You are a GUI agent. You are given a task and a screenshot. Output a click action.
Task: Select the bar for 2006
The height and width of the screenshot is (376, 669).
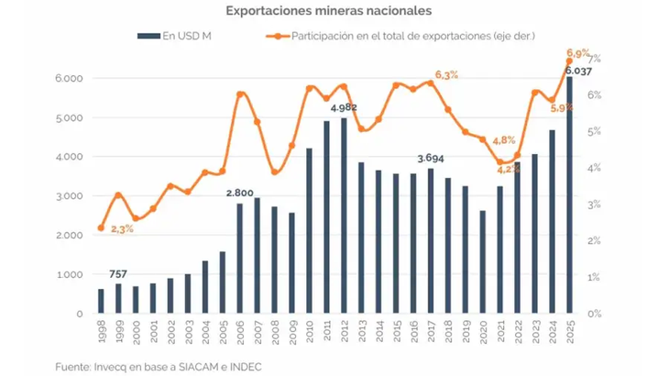240,258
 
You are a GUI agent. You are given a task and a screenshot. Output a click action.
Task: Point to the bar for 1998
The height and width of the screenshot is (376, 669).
101,301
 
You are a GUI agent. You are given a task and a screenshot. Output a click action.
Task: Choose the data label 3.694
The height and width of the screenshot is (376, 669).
430,159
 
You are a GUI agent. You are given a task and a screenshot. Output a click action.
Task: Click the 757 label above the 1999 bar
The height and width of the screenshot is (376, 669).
118,273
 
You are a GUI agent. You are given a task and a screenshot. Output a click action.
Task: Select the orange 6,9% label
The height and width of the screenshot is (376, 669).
578,54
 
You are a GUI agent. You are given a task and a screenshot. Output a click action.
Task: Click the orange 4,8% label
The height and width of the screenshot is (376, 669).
503,140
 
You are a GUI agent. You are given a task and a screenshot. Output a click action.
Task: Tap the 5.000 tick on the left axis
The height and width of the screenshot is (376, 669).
70,117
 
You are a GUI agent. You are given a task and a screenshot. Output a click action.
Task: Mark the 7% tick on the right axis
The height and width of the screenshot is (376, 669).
593,59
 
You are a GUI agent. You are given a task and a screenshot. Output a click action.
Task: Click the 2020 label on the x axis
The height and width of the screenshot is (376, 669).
482,327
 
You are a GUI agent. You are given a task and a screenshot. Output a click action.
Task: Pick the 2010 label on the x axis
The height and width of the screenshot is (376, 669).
309,327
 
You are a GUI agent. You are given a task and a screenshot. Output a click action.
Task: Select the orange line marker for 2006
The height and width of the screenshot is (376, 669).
240,94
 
